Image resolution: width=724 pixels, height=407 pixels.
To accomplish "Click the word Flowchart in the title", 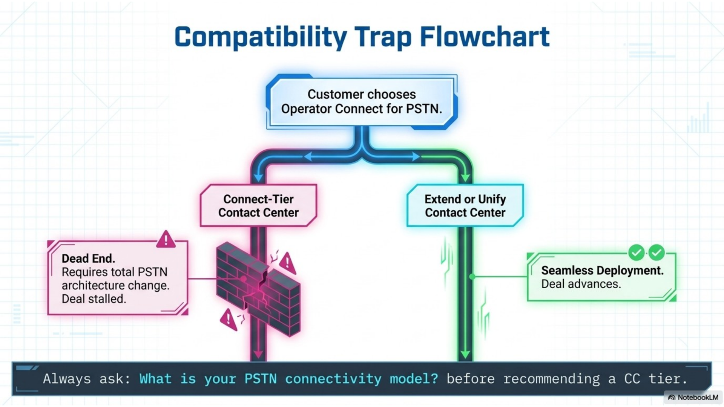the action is click(485, 37).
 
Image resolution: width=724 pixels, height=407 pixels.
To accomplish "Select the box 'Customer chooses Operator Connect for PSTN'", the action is click(362, 102).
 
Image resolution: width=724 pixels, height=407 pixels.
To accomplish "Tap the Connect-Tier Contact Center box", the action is click(258, 205).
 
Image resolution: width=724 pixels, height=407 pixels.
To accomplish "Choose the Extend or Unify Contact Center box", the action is click(465, 205).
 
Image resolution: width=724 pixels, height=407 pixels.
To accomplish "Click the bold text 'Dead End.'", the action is click(88, 259).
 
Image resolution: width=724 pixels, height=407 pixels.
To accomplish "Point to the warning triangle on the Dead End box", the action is click(166, 239).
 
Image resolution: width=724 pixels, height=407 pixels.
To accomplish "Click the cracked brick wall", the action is click(258, 288).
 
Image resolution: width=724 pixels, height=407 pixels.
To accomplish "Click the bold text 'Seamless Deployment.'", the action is click(602, 271).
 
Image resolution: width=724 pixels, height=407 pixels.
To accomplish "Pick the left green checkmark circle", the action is click(637, 252).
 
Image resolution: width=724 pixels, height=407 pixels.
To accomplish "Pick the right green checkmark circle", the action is click(657, 252).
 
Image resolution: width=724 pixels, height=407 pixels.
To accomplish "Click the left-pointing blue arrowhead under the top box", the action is click(308, 156).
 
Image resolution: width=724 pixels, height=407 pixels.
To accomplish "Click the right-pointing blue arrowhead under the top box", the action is click(416, 156).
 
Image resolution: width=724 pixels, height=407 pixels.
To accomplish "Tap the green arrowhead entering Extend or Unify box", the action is click(465, 177).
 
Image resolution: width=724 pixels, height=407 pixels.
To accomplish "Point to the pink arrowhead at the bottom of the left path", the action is click(258, 354).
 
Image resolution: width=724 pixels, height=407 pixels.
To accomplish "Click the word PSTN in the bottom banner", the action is click(260, 378).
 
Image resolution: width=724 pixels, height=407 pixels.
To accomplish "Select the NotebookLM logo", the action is click(693, 397).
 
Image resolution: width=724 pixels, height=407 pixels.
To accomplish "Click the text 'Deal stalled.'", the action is click(94, 299).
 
